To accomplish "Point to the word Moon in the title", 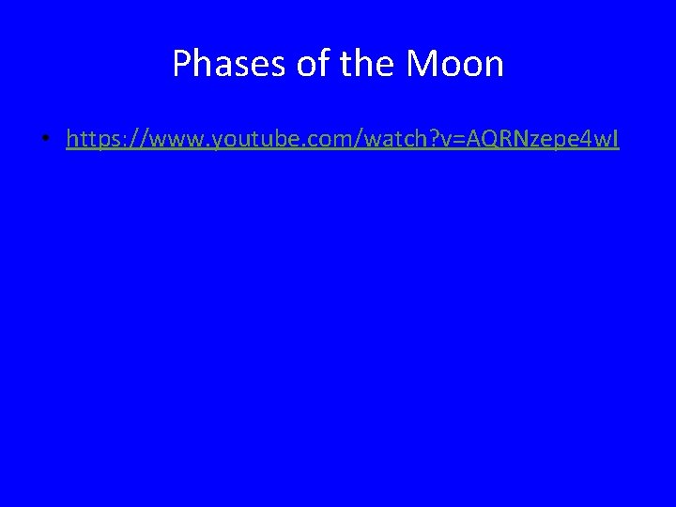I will [x=454, y=64].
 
